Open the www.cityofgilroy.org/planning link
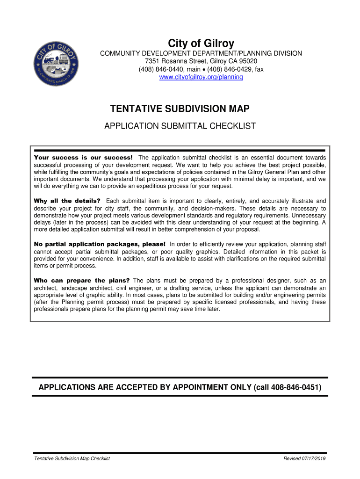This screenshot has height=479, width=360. click(x=202, y=77)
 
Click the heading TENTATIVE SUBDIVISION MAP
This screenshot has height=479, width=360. click(x=180, y=109)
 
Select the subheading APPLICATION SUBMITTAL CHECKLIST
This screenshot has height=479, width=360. click(x=180, y=126)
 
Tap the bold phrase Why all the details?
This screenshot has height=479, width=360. click(x=67, y=201)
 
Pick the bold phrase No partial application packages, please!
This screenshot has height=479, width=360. click(x=100, y=244)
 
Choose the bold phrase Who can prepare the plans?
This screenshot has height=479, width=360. click(x=82, y=281)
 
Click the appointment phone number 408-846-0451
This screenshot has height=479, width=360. click(x=295, y=388)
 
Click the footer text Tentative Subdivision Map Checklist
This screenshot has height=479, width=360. click(x=72, y=459)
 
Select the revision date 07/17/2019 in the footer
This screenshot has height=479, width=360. click(x=314, y=459)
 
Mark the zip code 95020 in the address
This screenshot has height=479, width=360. click(x=248, y=61)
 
